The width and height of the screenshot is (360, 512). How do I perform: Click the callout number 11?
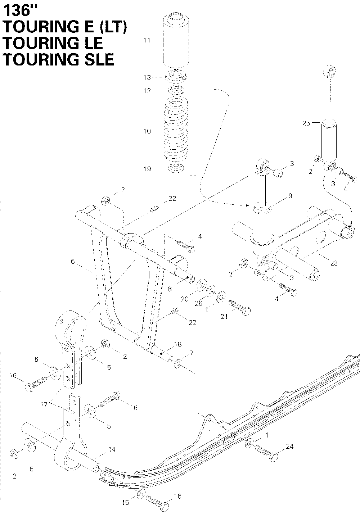click(x=147, y=40)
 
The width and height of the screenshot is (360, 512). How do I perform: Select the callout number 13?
click(x=147, y=77)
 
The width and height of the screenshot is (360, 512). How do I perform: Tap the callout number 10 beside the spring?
click(x=147, y=131)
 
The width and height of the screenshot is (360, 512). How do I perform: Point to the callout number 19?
click(x=147, y=169)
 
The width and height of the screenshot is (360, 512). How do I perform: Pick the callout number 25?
click(x=306, y=123)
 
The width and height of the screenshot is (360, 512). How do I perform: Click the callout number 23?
click(x=334, y=263)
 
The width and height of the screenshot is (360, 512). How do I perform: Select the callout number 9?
click(x=290, y=196)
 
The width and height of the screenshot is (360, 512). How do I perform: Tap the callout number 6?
click(x=73, y=262)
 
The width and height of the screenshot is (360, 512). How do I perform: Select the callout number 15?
click(x=125, y=503)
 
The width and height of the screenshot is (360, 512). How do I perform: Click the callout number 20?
click(x=185, y=298)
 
